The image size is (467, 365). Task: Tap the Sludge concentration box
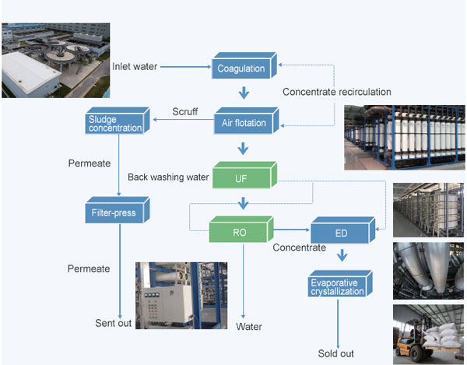pyautogui.click(x=115, y=122)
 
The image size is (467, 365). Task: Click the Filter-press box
pyautogui.click(x=115, y=211)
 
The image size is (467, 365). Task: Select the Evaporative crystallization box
pyautogui.click(x=338, y=286)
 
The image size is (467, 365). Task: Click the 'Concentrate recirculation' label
pyautogui.click(x=336, y=92)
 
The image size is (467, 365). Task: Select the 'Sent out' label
pyautogui.click(x=114, y=322)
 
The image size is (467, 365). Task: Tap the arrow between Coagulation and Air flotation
pyautogui.click(x=244, y=94)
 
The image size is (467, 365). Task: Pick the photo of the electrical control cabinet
pyautogui.click(x=181, y=295)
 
